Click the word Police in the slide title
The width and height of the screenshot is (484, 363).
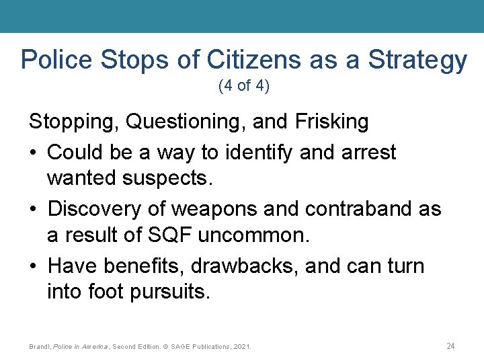pos(57,61)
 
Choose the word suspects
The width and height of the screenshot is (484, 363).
pos(172,179)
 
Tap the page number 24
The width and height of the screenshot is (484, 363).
pos(450,346)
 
